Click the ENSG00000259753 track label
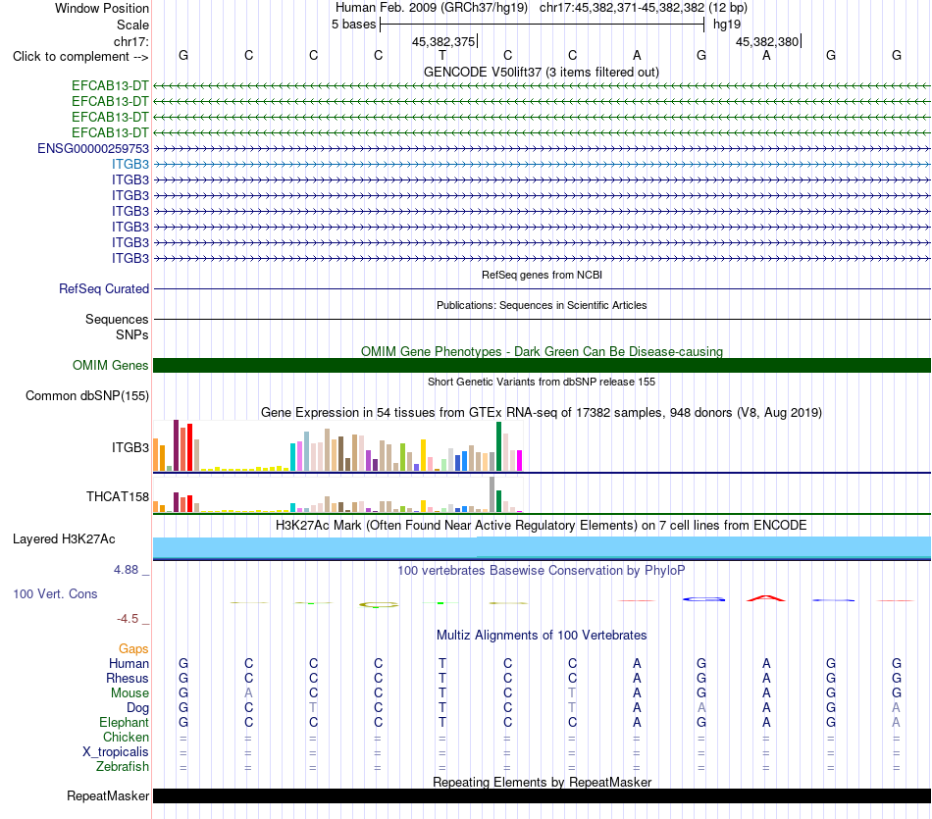click(x=93, y=148)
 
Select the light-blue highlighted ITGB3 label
click(x=130, y=164)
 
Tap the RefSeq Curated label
click(x=104, y=288)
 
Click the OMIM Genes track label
click(x=111, y=366)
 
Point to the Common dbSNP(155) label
click(x=87, y=396)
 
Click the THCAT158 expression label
click(x=118, y=497)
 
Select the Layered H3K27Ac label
click(x=64, y=539)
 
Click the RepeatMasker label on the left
click(x=108, y=795)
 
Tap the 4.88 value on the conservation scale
click(x=126, y=570)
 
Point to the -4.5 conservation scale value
click(x=128, y=619)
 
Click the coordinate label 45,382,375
click(x=443, y=41)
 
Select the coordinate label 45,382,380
click(x=767, y=41)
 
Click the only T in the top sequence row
click(x=442, y=55)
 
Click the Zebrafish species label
click(x=123, y=767)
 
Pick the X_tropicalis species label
click(x=116, y=752)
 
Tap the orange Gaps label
click(x=133, y=649)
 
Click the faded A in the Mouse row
click(x=248, y=693)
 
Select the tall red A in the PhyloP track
click(x=766, y=597)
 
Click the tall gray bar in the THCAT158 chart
click(x=492, y=494)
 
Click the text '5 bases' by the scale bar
click(x=353, y=25)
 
